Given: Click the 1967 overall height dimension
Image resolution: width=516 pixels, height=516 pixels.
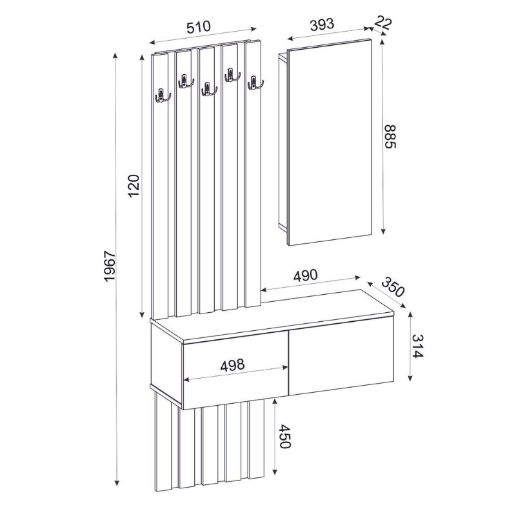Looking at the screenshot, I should pos(109,265).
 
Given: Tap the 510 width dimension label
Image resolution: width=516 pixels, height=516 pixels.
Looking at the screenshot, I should pos(199,27).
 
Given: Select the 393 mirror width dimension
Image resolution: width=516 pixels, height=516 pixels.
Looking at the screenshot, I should pos(321,24).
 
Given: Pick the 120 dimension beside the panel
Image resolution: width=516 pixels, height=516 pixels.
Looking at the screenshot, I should pos(134,186).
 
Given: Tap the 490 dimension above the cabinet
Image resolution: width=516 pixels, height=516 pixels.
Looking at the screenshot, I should pos(305,275).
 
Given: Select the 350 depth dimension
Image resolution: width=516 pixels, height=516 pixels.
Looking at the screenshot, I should pos(392,286).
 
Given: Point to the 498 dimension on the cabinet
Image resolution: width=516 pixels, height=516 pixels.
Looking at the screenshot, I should pos(232,364).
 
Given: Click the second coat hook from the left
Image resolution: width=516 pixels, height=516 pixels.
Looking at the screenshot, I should pos(185,81).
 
